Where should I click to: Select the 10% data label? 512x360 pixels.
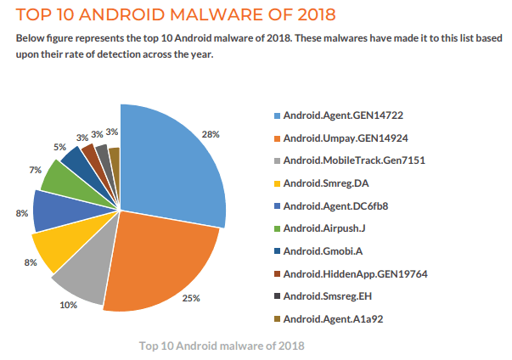coord(68,305)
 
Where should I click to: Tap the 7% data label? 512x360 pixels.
coord(35,170)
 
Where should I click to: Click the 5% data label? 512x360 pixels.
coord(59,147)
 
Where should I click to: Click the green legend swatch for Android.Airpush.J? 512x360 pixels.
coord(276,228)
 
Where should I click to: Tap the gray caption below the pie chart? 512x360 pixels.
coord(222,346)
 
